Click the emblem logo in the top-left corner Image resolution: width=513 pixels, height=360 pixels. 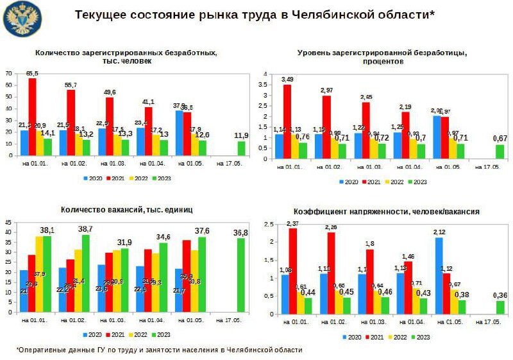pos(21,19)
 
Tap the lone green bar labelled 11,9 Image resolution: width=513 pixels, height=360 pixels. pos(241,148)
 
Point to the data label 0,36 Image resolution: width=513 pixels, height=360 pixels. pos(500,295)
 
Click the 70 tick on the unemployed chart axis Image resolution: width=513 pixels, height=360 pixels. pos(9,74)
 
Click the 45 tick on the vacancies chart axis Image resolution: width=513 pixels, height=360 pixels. pos(9,223)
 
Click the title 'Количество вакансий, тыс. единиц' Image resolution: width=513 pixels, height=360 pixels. pos(126,209)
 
